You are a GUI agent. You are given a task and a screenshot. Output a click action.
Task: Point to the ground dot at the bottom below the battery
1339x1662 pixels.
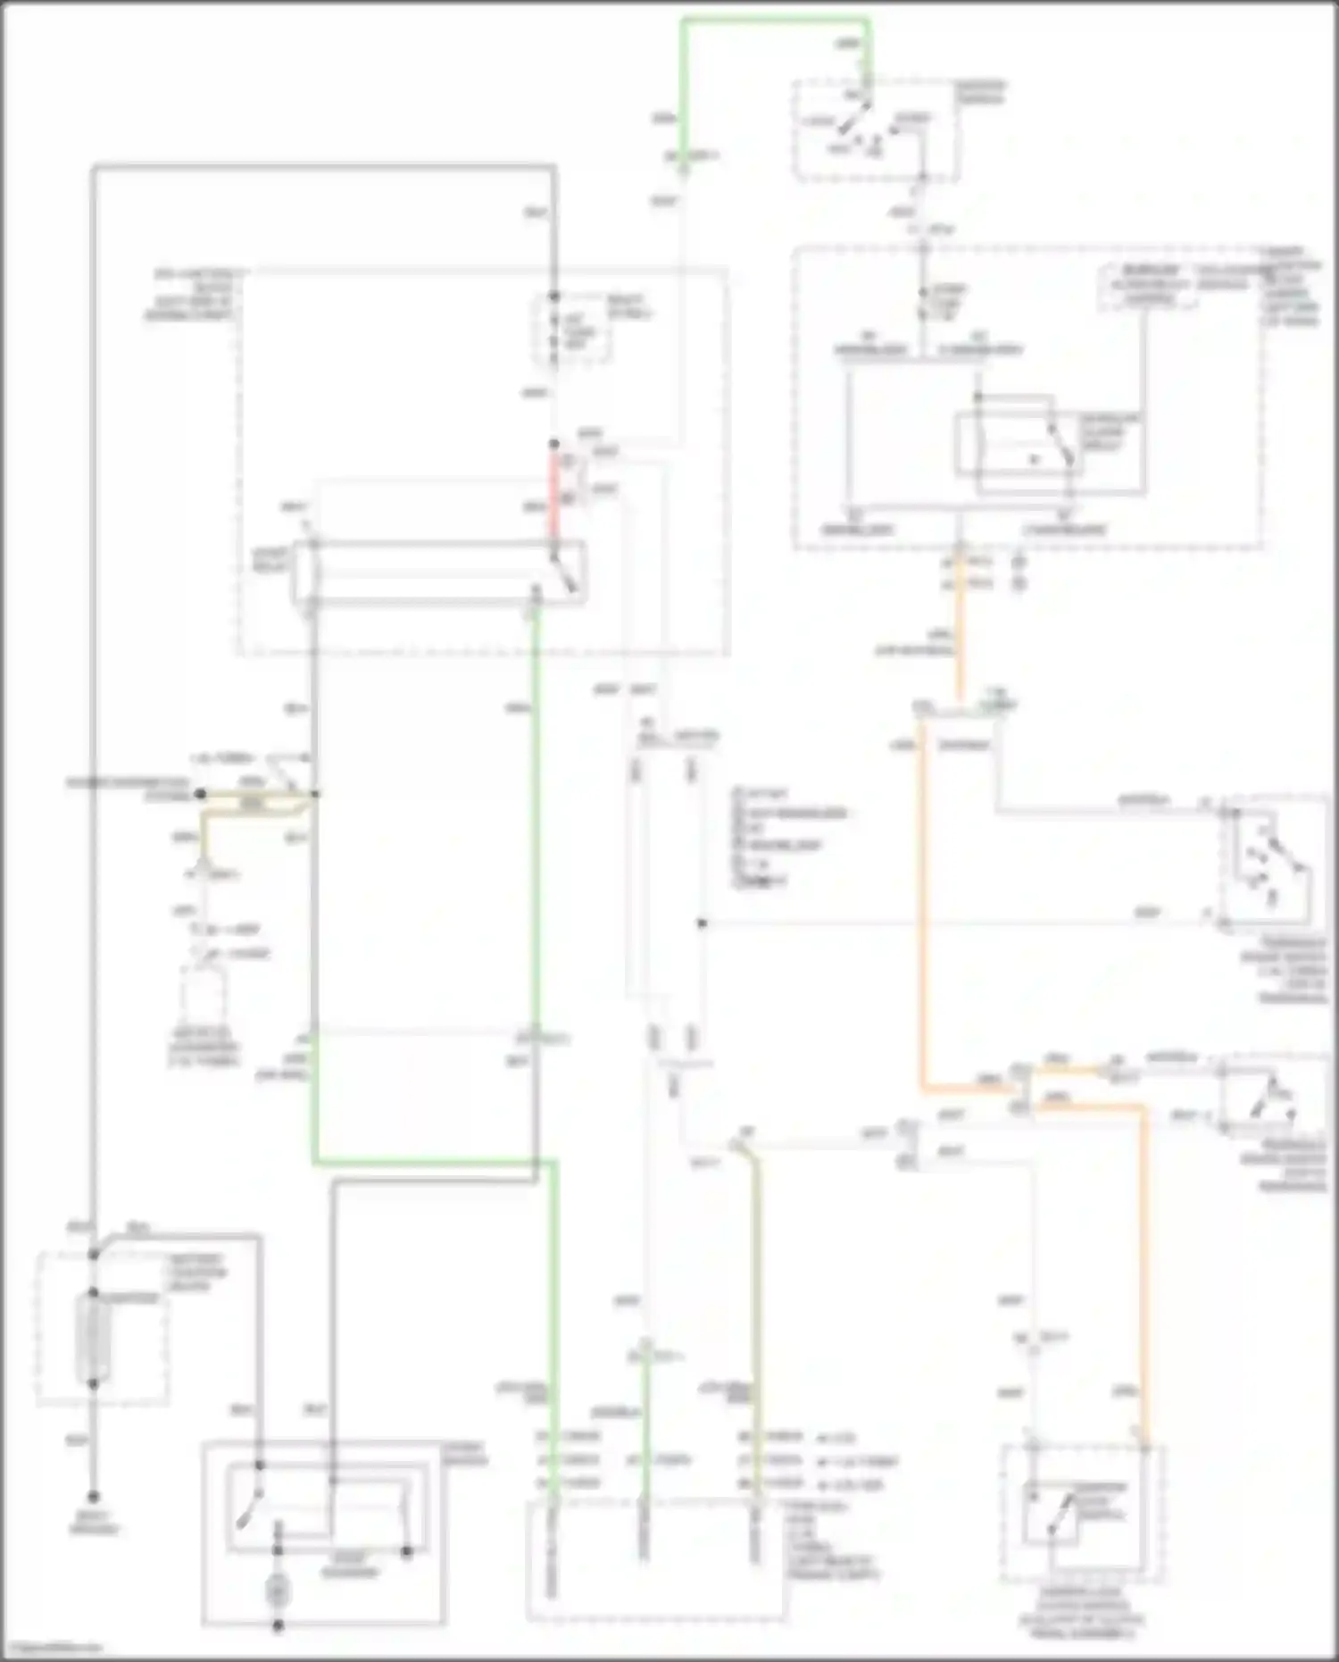click(93, 1497)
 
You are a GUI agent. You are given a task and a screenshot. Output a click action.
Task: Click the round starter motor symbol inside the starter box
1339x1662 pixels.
click(278, 1591)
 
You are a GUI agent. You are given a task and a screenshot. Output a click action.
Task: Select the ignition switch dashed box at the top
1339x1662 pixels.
click(876, 130)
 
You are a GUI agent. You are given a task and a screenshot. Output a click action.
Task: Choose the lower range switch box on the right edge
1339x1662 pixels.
click(1271, 1095)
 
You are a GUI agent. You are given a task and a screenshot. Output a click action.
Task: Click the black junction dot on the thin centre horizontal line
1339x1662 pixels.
click(703, 923)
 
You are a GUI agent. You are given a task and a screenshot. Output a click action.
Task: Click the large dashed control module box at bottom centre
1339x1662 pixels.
click(656, 1559)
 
